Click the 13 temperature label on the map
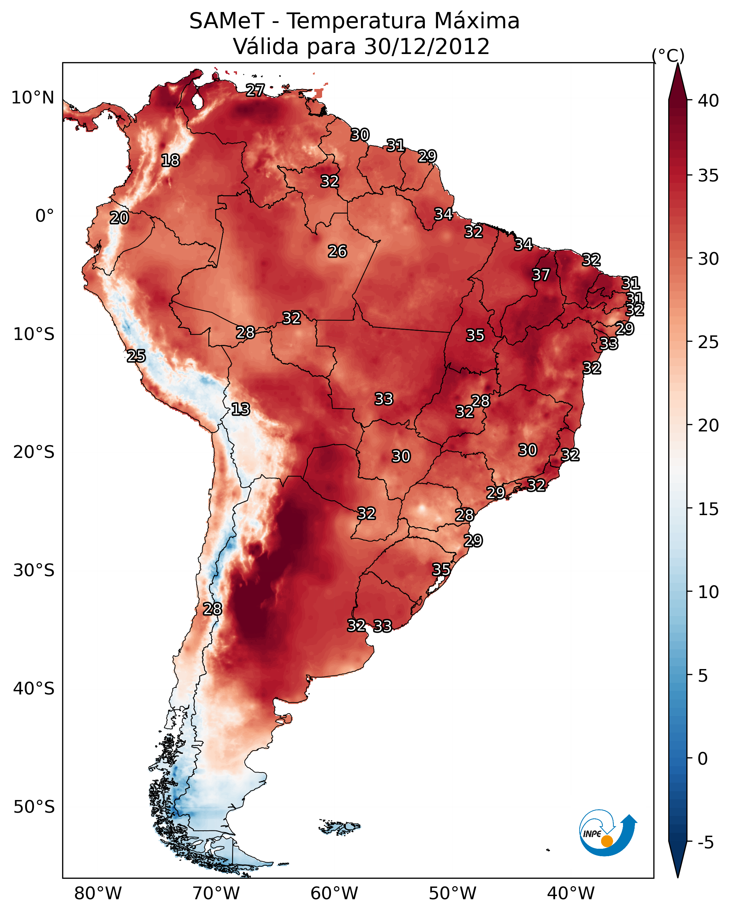tap(241, 409)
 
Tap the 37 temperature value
tap(541, 275)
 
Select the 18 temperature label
tap(170, 161)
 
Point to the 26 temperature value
tap(337, 251)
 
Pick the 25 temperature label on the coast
tap(136, 356)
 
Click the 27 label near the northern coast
tap(255, 90)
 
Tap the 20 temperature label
tap(119, 218)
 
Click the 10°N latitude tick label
tap(32, 98)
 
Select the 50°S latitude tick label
tap(34, 807)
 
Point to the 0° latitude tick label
tap(44, 216)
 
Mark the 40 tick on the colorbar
tap(708, 101)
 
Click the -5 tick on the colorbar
tap(705, 843)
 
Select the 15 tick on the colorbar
tap(708, 509)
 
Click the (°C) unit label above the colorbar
tap(668, 55)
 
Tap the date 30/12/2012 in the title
tap(427, 47)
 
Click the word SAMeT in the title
tap(227, 21)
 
